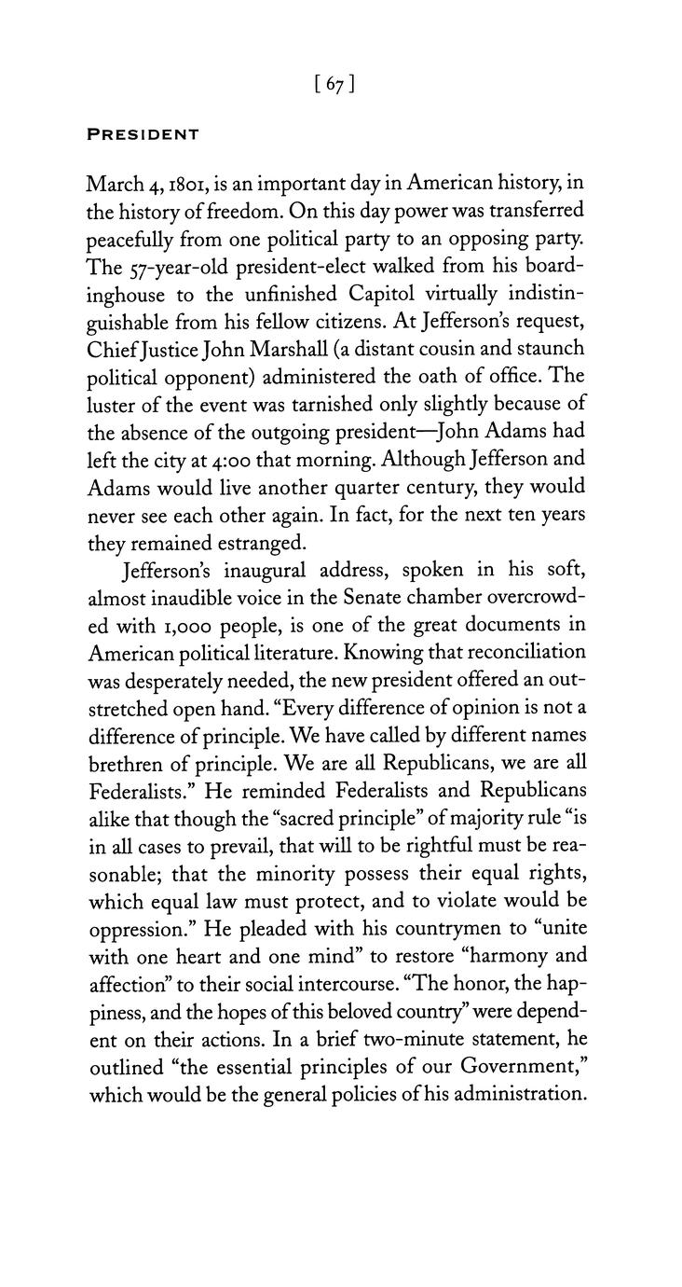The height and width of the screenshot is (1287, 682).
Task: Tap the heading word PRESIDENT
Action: pyautogui.click(x=143, y=134)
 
